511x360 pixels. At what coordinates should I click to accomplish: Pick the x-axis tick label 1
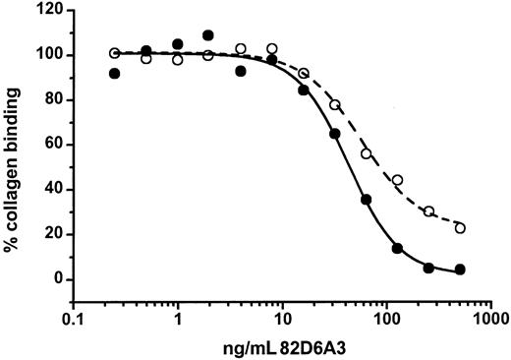pyautogui.click(x=178, y=320)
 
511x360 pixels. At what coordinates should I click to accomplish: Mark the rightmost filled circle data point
pyautogui.click(x=460, y=270)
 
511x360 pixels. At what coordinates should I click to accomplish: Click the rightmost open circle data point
pyautogui.click(x=460, y=227)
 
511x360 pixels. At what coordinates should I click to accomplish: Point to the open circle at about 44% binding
pyautogui.click(x=397, y=180)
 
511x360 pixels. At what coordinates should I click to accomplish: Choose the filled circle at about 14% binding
pyautogui.click(x=397, y=248)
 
